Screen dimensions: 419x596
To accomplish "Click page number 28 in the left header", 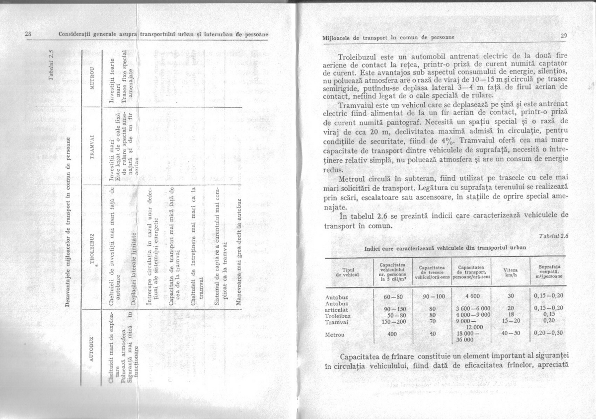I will (28, 34).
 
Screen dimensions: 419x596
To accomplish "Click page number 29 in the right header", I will (563, 35).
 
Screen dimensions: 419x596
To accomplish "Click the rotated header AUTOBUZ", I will (91, 343).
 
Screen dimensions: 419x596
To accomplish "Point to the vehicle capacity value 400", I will (392, 334).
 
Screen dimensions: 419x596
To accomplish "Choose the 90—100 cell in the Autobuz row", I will (431, 296).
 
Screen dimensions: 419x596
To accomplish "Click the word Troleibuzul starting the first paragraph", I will (359, 56).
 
